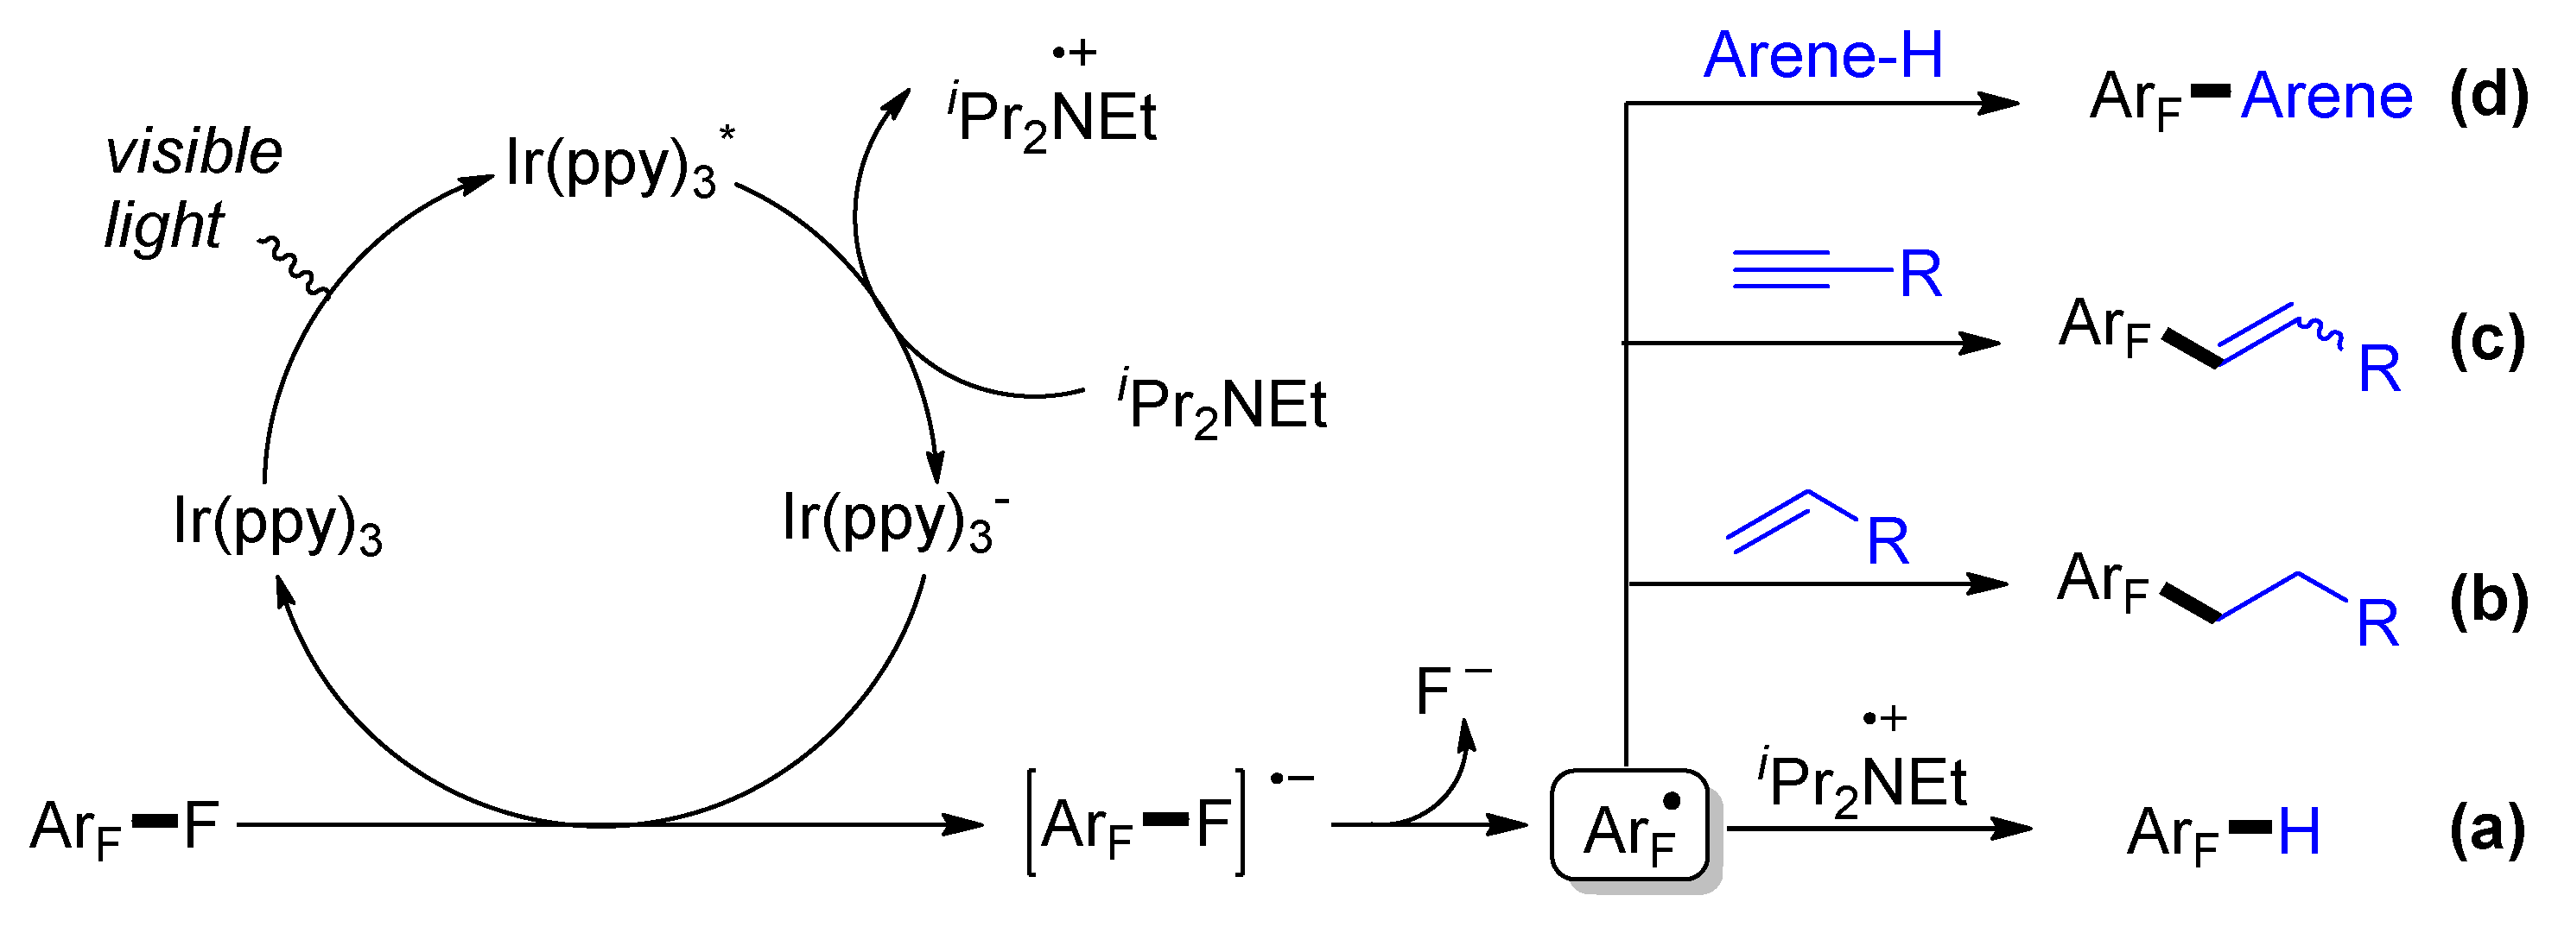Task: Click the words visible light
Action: pyautogui.click(x=194, y=189)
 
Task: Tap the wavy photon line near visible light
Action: pyautogui.click(x=294, y=267)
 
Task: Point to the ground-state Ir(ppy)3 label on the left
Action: pyautogui.click(x=277, y=525)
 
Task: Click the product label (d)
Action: pyautogui.click(x=2487, y=98)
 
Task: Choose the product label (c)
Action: pyautogui.click(x=2487, y=340)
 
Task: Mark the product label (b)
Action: pyautogui.click(x=2487, y=601)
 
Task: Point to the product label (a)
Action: pyautogui.click(x=2487, y=829)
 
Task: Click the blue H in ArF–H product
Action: pyautogui.click(x=2300, y=832)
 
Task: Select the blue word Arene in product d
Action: pyautogui.click(x=2326, y=98)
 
